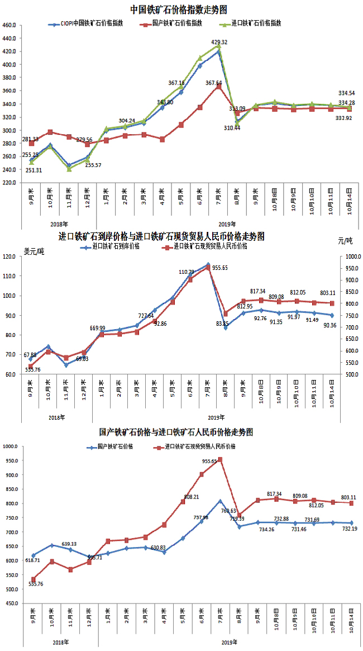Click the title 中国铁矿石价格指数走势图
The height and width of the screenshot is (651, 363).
(x=179, y=9)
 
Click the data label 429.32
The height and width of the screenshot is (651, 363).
(x=219, y=42)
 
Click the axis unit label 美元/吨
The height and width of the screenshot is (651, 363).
(x=34, y=249)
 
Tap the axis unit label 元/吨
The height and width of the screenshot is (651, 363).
(x=345, y=240)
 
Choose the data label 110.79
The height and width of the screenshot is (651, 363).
(x=187, y=272)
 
